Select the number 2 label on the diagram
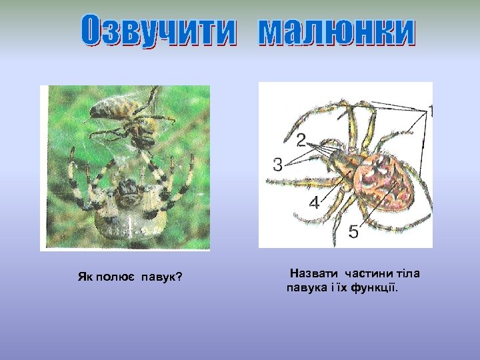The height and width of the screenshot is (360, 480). click(x=301, y=139)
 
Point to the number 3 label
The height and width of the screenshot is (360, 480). click(x=278, y=163)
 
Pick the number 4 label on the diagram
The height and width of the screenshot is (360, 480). click(x=314, y=203)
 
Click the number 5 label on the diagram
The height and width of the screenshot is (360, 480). click(x=353, y=231)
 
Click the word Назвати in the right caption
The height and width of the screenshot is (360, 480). click(x=313, y=274)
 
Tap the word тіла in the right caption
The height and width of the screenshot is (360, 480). click(x=409, y=274)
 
